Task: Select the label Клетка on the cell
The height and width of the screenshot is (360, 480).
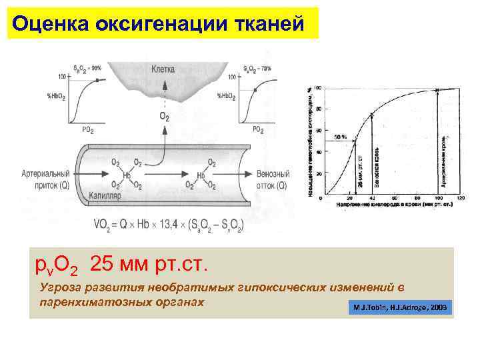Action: point(163,69)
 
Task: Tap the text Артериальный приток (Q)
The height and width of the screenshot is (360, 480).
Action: point(50,179)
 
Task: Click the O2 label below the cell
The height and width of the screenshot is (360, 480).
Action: point(164,117)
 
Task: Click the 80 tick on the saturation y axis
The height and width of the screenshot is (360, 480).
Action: point(318,109)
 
